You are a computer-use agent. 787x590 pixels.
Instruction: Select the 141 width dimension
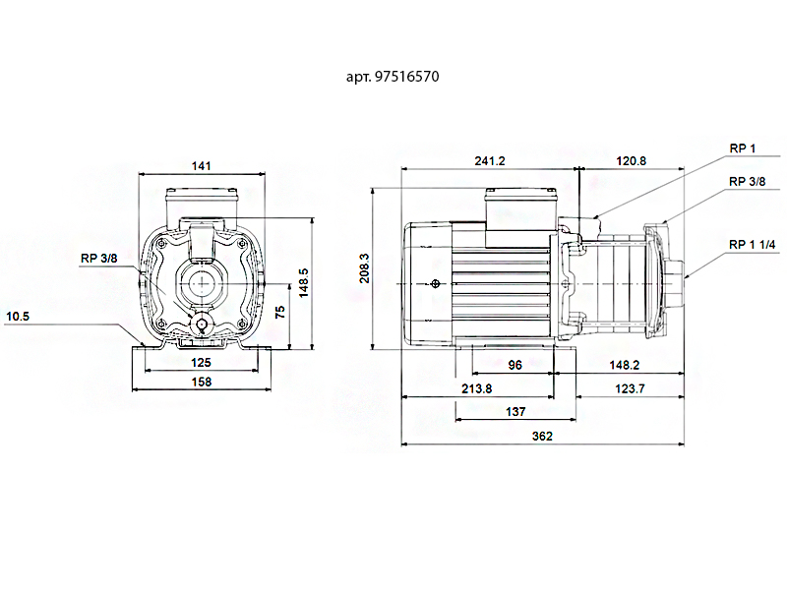click(x=201, y=166)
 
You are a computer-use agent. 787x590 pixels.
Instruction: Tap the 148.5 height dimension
click(x=305, y=282)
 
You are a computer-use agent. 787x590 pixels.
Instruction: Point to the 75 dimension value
click(x=280, y=312)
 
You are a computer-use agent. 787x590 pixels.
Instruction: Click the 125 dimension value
click(x=201, y=362)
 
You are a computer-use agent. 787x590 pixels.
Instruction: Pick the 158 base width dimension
click(x=201, y=382)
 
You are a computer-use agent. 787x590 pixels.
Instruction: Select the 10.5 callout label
click(x=19, y=316)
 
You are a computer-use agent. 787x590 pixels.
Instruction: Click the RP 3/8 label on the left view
click(x=98, y=259)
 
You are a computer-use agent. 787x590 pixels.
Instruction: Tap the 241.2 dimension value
click(x=488, y=161)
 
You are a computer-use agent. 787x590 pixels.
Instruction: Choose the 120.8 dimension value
click(x=631, y=161)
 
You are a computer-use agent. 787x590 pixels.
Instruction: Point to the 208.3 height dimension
click(x=365, y=268)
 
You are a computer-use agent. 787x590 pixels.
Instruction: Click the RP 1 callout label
click(x=742, y=148)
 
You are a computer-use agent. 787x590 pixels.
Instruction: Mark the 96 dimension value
click(x=514, y=364)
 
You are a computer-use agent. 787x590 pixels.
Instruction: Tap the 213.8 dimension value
click(x=476, y=388)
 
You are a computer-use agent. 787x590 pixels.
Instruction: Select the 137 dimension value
click(x=515, y=412)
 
